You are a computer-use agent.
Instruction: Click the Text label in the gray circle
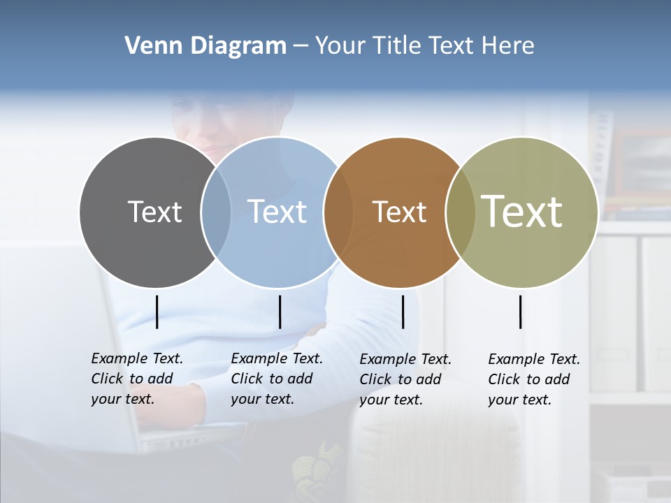point(154,212)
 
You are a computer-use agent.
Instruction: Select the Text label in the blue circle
point(277,212)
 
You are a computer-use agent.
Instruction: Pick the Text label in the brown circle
point(399,212)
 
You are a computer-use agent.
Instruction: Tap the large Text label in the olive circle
point(522,211)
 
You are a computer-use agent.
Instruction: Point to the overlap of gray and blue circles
point(216,212)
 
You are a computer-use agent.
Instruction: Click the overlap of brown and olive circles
point(461,212)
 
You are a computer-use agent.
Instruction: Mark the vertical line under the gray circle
point(157,312)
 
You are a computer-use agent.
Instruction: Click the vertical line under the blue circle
point(280,312)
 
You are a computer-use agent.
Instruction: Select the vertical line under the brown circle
point(403,312)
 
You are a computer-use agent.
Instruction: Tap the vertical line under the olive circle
point(520,312)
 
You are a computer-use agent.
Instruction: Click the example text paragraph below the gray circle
point(137,379)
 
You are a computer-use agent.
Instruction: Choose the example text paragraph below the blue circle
point(277,379)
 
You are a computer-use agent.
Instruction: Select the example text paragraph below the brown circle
point(405,379)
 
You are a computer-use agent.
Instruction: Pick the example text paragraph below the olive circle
point(534,379)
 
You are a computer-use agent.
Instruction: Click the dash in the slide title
point(301,46)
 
